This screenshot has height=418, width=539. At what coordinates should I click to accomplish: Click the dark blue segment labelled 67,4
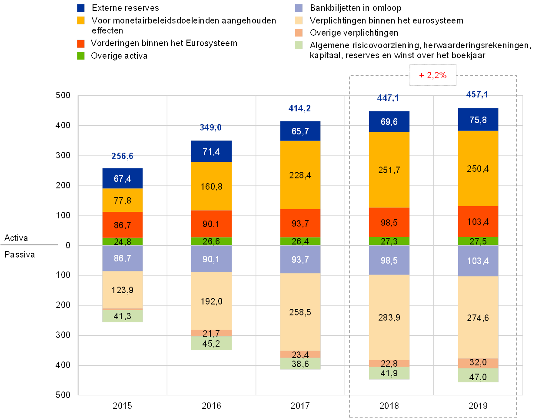[x=123, y=178]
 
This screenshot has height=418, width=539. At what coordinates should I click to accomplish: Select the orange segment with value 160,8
[x=211, y=186]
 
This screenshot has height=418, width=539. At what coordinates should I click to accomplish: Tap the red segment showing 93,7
[x=300, y=223]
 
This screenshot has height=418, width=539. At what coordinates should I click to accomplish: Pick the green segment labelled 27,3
[x=389, y=241]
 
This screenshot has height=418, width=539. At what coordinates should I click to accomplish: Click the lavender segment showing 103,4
[x=478, y=261]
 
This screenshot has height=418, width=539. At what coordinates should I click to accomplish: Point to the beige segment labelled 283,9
[x=389, y=317]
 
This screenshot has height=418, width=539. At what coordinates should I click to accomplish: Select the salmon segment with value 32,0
[x=478, y=363]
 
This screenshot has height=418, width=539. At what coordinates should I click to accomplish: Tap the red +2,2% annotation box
[x=433, y=75]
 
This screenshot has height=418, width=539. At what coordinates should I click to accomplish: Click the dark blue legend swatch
[x=81, y=8]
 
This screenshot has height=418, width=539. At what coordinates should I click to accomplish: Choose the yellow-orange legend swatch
[x=81, y=20]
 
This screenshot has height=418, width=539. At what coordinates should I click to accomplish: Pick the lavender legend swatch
[x=299, y=8]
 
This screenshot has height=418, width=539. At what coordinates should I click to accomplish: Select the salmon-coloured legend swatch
[x=299, y=33]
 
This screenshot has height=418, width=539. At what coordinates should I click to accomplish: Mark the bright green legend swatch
[x=81, y=56]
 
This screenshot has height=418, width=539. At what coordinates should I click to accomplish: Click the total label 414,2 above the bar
[x=300, y=108]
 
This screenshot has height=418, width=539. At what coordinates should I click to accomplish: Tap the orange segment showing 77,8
[x=123, y=200]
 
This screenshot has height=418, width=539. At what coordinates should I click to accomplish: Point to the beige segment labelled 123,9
[x=123, y=290]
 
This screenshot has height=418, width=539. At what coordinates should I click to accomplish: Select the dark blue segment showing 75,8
[x=478, y=120]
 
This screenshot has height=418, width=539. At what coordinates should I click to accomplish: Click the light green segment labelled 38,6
[x=300, y=364]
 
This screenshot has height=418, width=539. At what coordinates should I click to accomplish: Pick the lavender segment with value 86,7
[x=123, y=258]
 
